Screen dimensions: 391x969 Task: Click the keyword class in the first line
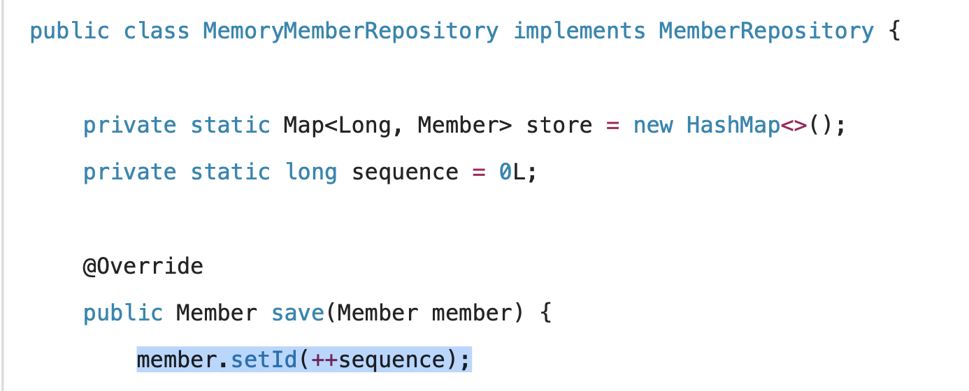click(x=156, y=31)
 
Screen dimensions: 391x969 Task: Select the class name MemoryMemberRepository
click(x=350, y=31)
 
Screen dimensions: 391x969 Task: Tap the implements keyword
click(x=580, y=31)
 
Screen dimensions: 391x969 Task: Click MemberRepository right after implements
click(x=766, y=31)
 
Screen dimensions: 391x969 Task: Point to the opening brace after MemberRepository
click(x=895, y=31)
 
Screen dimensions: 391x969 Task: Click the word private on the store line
click(x=129, y=126)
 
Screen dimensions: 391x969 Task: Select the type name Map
click(x=303, y=126)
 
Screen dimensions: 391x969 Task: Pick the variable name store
click(x=559, y=126)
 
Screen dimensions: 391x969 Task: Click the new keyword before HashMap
click(x=653, y=126)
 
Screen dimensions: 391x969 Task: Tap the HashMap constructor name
click(x=733, y=126)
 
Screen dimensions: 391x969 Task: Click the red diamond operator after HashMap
click(x=794, y=126)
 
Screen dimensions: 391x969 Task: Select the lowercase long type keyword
click(x=311, y=172)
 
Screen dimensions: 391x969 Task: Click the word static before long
click(x=230, y=172)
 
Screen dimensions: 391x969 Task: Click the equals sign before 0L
click(x=479, y=172)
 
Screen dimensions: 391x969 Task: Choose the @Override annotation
click(x=143, y=266)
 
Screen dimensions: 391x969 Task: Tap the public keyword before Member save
click(x=122, y=313)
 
